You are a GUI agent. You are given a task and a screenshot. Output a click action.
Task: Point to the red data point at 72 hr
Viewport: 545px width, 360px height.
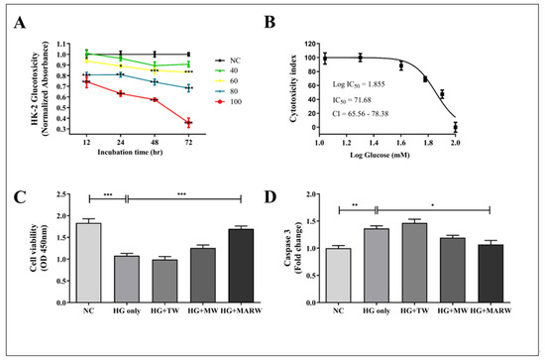click(216, 123)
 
